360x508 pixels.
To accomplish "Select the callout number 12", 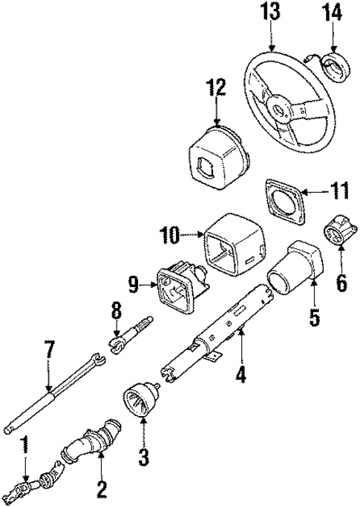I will (x=215, y=88).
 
